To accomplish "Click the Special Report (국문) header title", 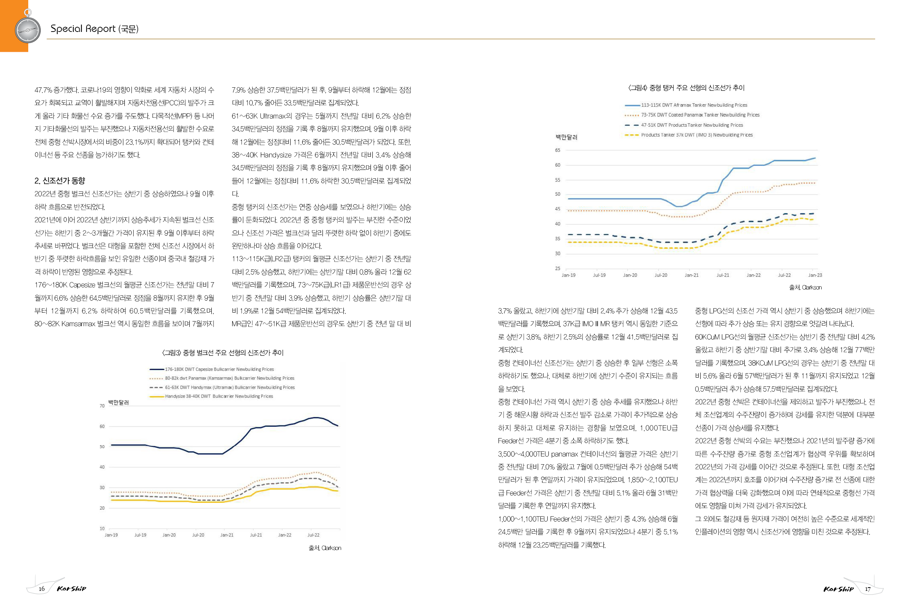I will tap(94, 29).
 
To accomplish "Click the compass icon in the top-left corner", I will tap(28, 29).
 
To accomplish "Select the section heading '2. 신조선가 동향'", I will tap(59, 181).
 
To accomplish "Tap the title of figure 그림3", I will tap(223, 353).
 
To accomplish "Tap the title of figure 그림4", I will tap(686, 88).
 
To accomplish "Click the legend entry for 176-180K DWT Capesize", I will tap(219, 369).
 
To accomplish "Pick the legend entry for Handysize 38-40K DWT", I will tap(219, 396).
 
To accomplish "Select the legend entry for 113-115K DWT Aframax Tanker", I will tap(694, 105).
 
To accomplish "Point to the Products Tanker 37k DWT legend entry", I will tap(697, 135).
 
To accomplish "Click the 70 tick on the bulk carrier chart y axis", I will tap(102, 406).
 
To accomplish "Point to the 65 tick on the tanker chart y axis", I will tap(558, 150).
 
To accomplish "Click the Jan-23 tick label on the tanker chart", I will tap(815, 275).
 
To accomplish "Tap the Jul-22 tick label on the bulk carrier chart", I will tap(313, 535).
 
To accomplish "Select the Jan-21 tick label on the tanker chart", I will tap(691, 275).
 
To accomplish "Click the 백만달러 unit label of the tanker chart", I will tap(566, 137).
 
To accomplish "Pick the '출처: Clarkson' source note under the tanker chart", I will tap(805, 288).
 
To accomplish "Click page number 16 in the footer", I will tap(42, 589).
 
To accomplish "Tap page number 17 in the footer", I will tap(868, 589).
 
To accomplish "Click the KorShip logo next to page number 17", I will tap(838, 589).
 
